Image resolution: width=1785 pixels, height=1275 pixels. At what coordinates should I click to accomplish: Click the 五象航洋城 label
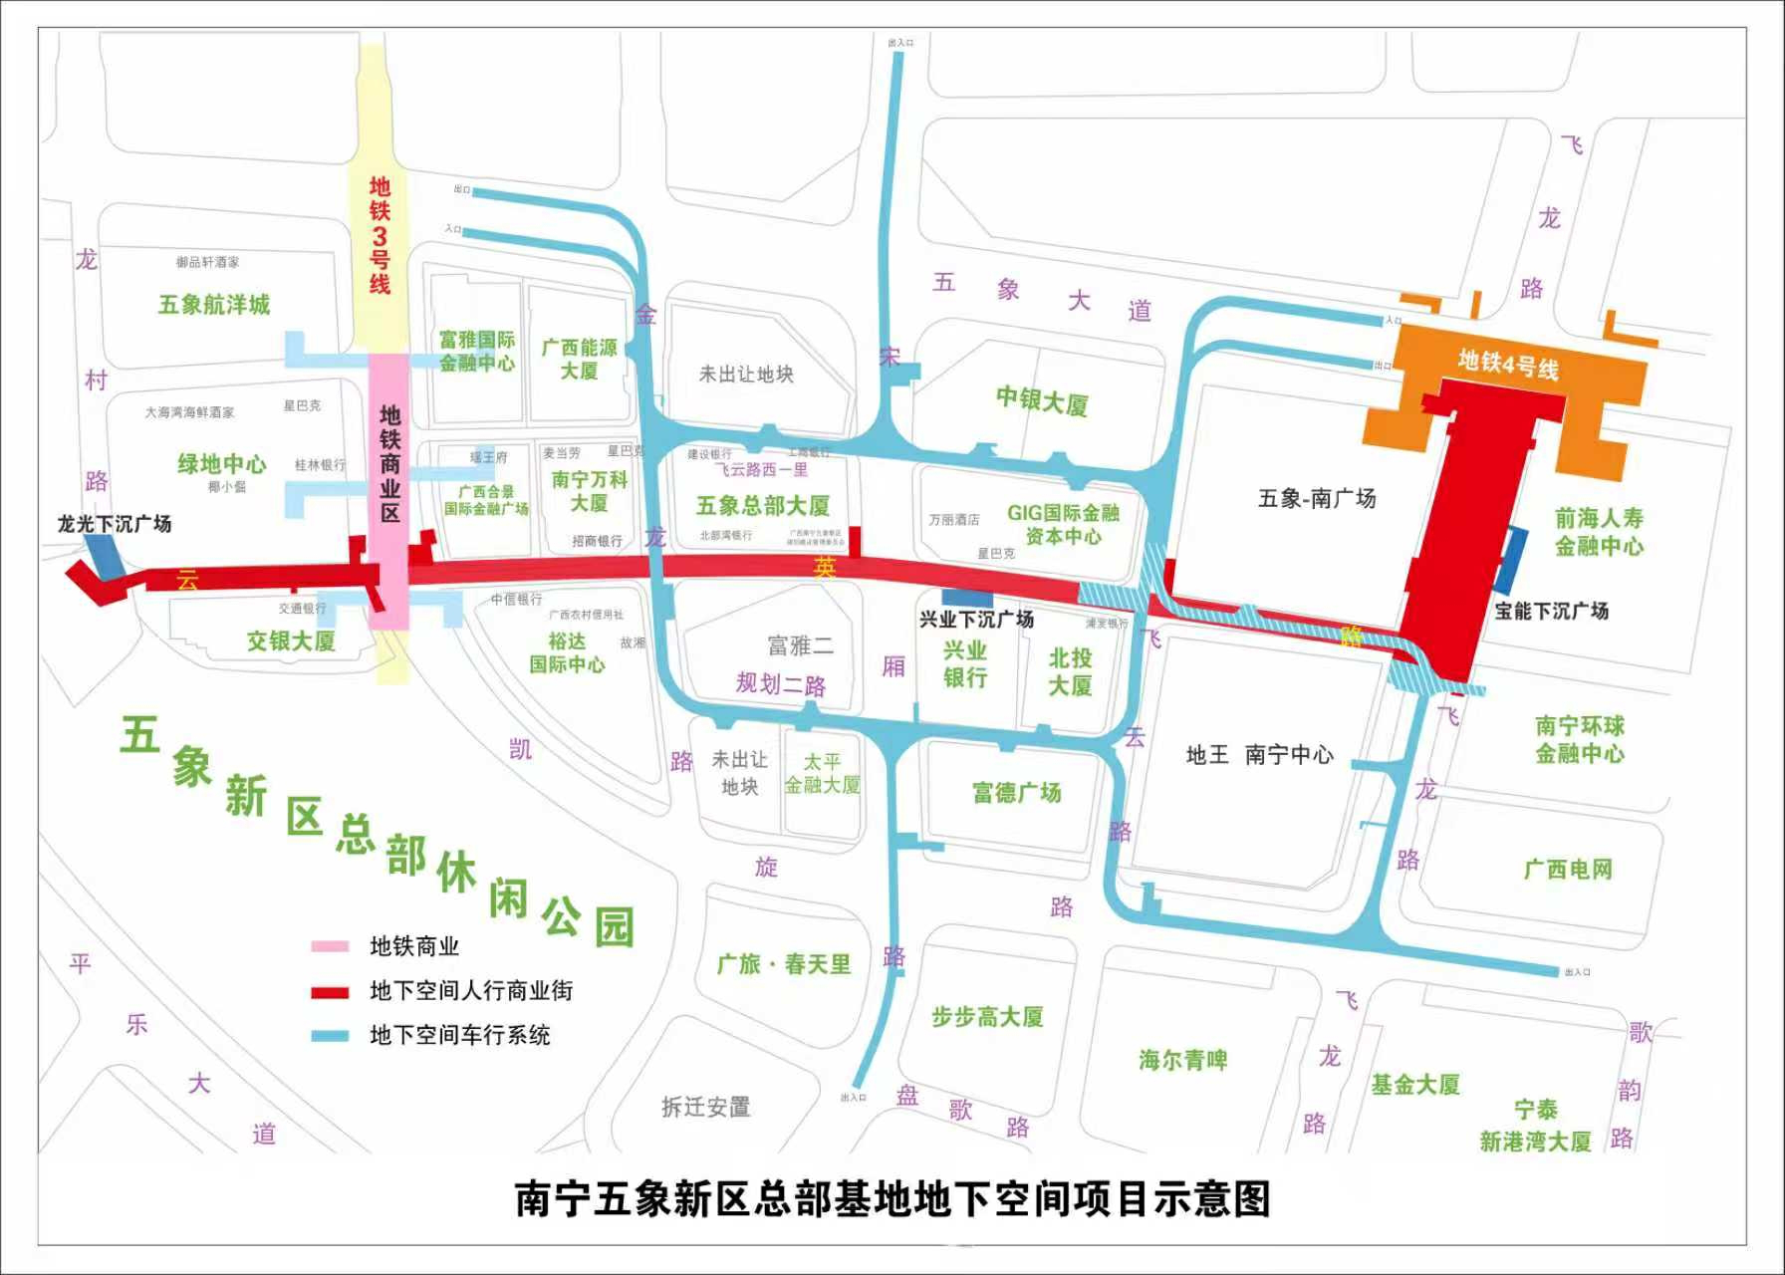pyautogui.click(x=214, y=305)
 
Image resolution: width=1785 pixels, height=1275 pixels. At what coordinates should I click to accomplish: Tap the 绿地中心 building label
pyautogui.click(x=222, y=464)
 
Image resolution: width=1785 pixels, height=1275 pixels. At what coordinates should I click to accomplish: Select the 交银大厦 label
pyautogui.click(x=291, y=641)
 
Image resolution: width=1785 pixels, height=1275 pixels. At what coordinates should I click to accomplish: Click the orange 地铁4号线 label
pyautogui.click(x=1508, y=364)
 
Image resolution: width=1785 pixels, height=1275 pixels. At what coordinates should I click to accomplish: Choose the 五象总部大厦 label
pyautogui.click(x=763, y=506)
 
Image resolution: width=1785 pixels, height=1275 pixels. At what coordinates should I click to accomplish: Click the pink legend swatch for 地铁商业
pyautogui.click(x=330, y=946)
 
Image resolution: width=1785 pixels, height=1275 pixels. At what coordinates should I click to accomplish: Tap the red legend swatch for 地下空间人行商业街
pyautogui.click(x=330, y=991)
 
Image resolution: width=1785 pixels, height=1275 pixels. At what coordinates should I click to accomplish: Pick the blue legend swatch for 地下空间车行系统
pyautogui.click(x=330, y=1036)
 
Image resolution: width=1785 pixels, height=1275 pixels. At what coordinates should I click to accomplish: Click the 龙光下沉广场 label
pyautogui.click(x=115, y=524)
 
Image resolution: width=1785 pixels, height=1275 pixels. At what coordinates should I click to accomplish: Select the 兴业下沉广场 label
pyautogui.click(x=976, y=620)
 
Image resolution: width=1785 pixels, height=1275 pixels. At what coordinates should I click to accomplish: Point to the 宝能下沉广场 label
pyautogui.click(x=1551, y=612)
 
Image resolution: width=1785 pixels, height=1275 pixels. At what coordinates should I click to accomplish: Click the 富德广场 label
pyautogui.click(x=1017, y=793)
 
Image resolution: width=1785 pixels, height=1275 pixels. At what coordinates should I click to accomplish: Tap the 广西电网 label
pyautogui.click(x=1568, y=870)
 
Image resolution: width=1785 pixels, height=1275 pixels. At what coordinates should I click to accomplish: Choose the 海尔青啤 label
pyautogui.click(x=1183, y=1060)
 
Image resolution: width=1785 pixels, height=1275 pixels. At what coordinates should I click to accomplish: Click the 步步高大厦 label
pyautogui.click(x=987, y=1017)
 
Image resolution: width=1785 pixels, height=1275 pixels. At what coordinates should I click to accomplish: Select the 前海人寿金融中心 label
pyautogui.click(x=1599, y=532)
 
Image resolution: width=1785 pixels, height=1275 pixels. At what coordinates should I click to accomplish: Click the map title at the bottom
pyautogui.click(x=892, y=1199)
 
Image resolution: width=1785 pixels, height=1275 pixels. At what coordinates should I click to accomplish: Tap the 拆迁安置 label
pyautogui.click(x=706, y=1107)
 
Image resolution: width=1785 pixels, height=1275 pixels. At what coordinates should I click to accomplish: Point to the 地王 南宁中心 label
pyautogui.click(x=1259, y=755)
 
